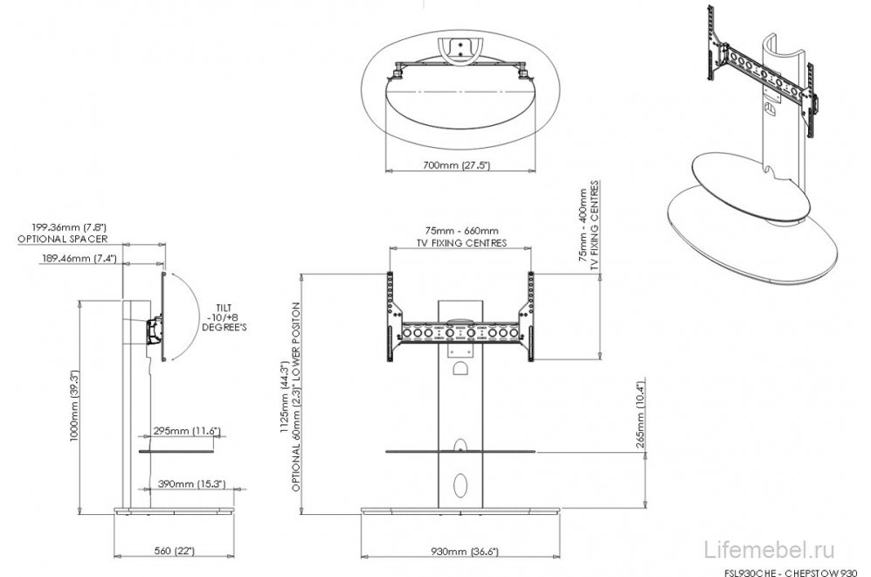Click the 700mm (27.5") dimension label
click(456, 165)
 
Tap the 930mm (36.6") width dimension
click(465, 552)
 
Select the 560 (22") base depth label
click(174, 551)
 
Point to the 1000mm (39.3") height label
click(74, 406)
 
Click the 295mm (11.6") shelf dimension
click(187, 431)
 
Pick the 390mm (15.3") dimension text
click(191, 484)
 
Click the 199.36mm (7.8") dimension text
click(69, 227)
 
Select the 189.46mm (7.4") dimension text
click(79, 258)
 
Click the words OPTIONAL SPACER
click(62, 239)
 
